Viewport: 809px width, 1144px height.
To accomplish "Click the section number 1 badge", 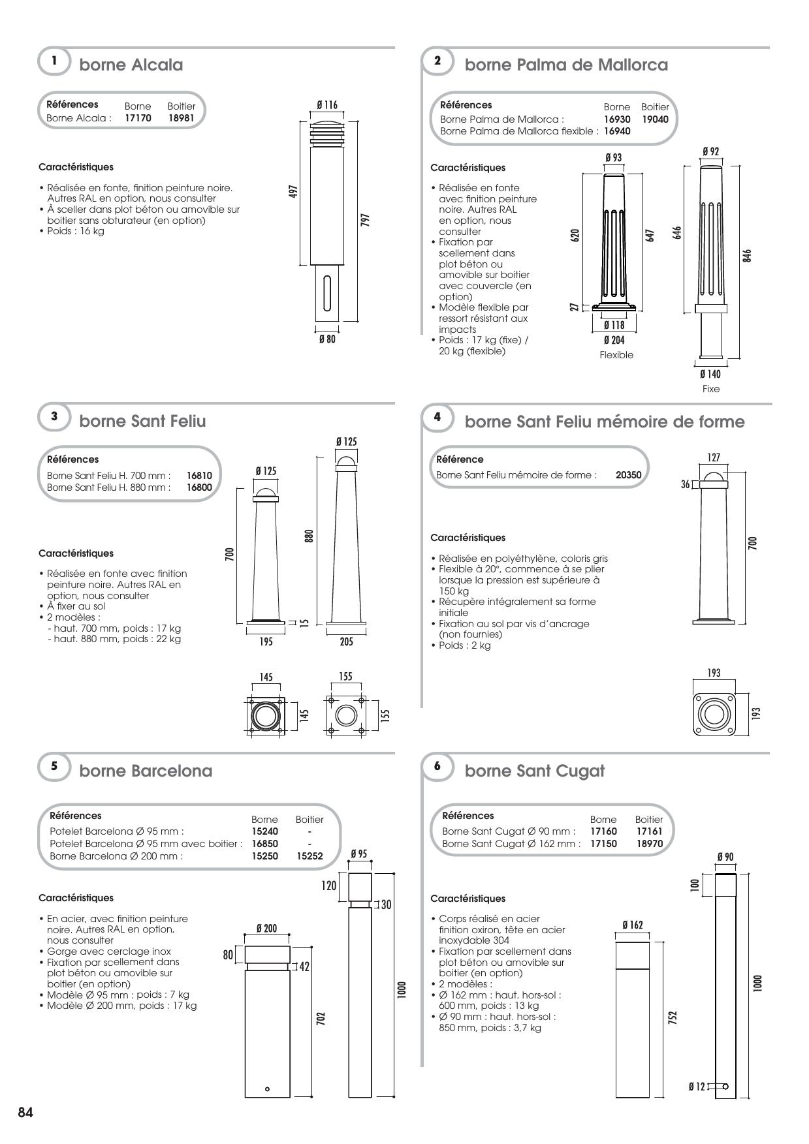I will coord(55,61).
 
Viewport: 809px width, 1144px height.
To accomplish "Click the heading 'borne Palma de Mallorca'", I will coord(565,65).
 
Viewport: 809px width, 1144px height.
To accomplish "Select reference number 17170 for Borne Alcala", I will coord(138,118).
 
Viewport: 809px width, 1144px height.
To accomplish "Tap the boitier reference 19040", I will coord(655,119).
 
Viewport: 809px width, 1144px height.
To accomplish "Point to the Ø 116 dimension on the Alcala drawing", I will coord(327,105).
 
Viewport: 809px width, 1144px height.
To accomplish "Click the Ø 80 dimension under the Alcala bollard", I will coord(327,339).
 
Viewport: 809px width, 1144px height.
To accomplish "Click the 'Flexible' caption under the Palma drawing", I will coord(616,355).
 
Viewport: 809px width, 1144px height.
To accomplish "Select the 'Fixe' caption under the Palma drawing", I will coord(710,389).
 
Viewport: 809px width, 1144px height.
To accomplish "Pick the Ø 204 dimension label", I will coord(614,340).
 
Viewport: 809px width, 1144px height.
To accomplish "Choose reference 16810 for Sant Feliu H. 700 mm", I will coord(199,476).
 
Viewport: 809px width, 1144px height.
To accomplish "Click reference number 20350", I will coord(628,475).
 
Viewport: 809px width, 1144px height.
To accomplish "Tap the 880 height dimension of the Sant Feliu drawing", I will coord(309,535).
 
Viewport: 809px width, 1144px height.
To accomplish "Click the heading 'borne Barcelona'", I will coord(146,771).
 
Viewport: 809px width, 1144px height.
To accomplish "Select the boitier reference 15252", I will coord(309,856).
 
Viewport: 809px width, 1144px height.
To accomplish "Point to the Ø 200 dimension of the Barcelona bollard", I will coord(266,929).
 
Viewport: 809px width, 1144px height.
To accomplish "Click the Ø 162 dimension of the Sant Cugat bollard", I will coord(632,925).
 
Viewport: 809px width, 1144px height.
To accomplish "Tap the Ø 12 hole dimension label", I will coord(697,1087).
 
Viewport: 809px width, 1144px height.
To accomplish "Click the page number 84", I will coord(25,1113).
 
